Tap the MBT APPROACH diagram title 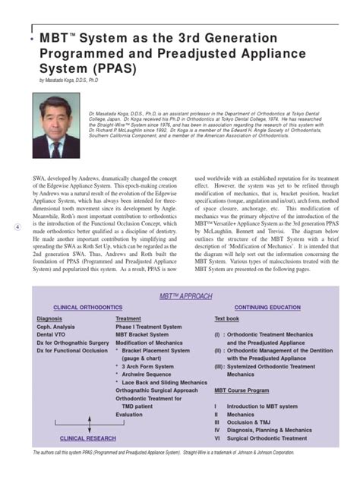(x=185, y=296)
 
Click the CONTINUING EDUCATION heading (x=267, y=308)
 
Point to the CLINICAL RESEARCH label (x=87, y=437)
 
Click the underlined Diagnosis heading (x=49, y=319)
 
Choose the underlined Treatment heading (x=128, y=319)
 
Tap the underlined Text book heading (x=226, y=319)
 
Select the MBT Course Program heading (x=242, y=390)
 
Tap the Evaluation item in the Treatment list (x=129, y=415)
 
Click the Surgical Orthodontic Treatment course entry (x=270, y=438)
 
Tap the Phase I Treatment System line (x=149, y=327)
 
